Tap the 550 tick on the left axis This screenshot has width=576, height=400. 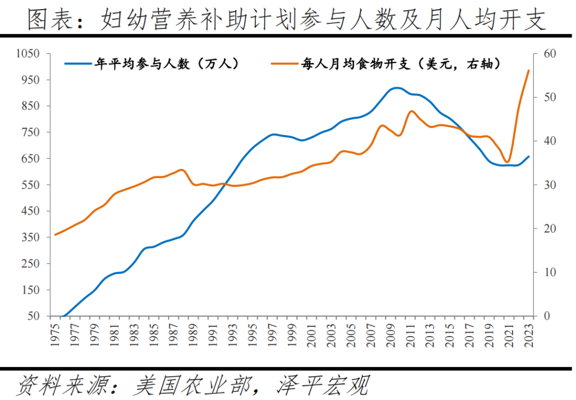[31, 185]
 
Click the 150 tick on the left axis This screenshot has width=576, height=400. [31, 290]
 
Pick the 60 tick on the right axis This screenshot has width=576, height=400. [550, 54]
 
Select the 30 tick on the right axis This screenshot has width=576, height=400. [550, 185]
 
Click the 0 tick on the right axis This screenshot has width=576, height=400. [547, 316]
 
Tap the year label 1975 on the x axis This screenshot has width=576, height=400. [55, 335]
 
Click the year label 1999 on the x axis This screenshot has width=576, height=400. [291, 335]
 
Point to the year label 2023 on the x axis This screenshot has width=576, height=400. [529, 335]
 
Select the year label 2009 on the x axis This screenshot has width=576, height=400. [390, 335]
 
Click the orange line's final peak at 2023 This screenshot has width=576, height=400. [529, 70]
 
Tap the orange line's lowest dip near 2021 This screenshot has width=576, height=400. [507, 162]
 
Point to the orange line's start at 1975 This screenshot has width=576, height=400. [55, 235]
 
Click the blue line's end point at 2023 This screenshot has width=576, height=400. [529, 156]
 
